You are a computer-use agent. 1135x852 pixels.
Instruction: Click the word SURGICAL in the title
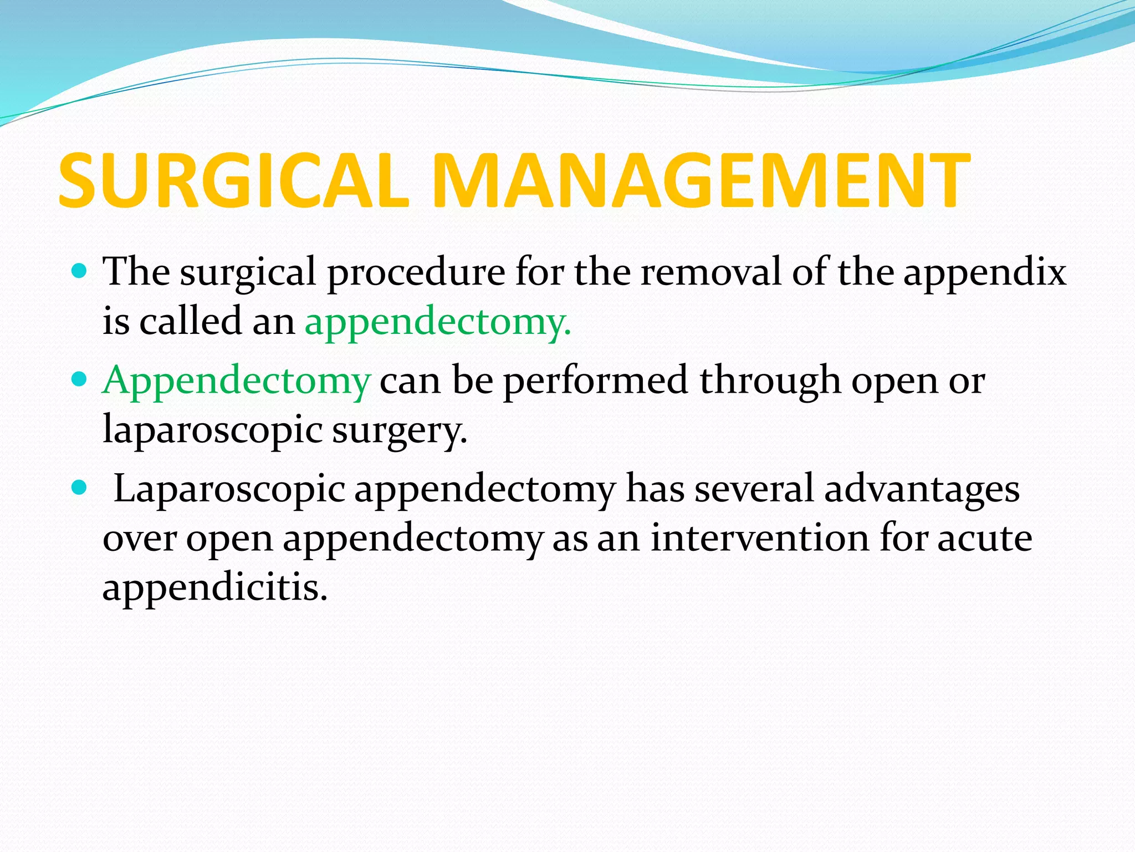point(233,181)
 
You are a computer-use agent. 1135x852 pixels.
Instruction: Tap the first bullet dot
point(80,271)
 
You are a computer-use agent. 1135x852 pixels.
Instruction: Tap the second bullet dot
point(80,380)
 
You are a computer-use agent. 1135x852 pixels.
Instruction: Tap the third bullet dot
point(80,488)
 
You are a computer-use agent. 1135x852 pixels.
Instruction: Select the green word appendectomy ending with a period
point(438,322)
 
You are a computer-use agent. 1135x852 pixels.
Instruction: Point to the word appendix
point(984,273)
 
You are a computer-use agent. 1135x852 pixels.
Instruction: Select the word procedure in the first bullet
point(416,273)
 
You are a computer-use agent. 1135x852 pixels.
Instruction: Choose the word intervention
point(760,538)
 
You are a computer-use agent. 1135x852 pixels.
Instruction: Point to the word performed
point(595,382)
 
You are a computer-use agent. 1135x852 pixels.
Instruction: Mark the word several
point(754,489)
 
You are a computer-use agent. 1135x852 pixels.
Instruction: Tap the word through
point(770,382)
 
